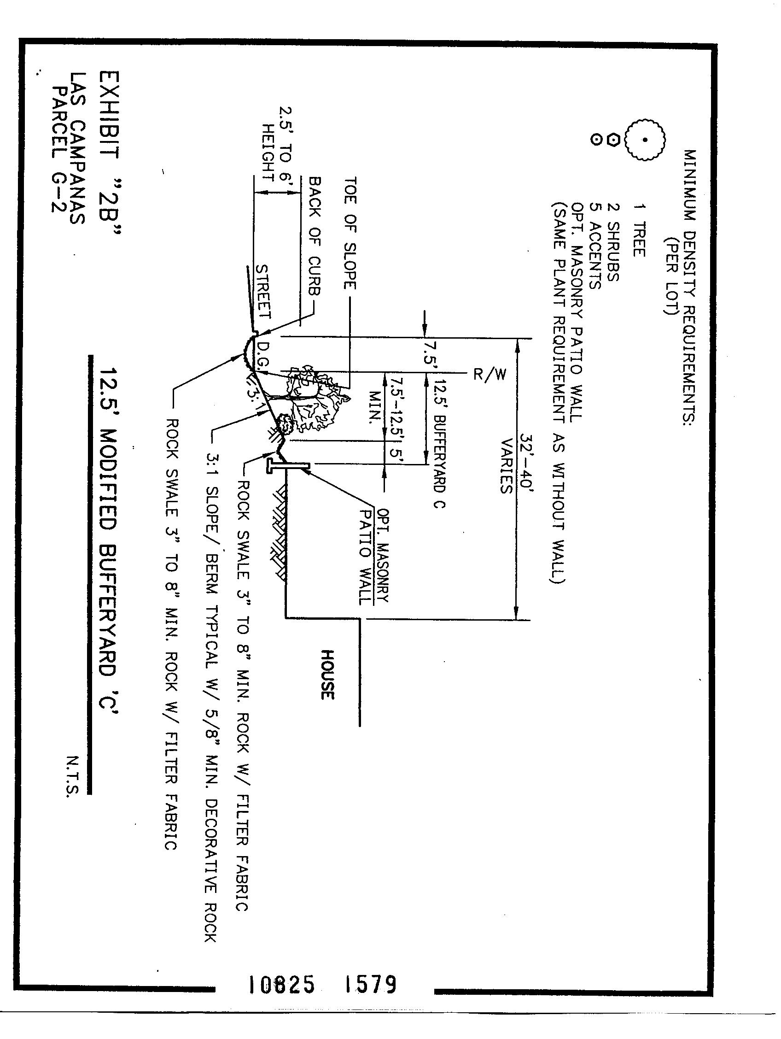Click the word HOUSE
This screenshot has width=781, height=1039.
pos(327,675)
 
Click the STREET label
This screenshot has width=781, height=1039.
pos(263,292)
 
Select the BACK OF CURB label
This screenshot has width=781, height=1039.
pos(315,236)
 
